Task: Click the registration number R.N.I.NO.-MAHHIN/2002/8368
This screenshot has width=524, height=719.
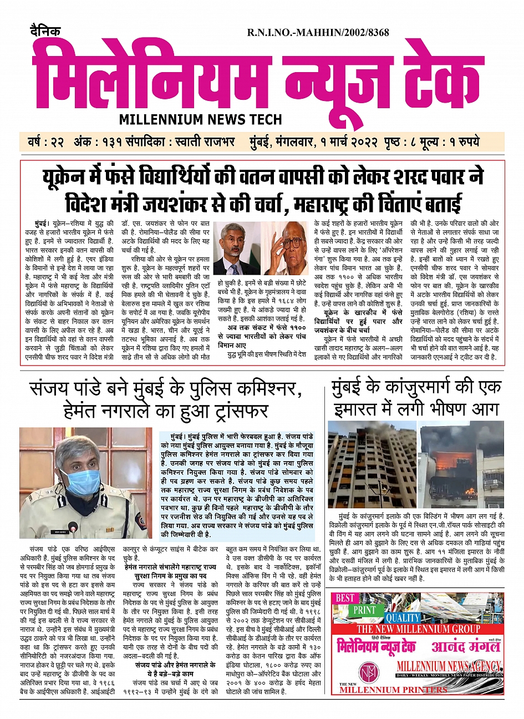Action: (x=318, y=33)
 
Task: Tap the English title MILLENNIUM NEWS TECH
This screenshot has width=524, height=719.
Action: (x=200, y=119)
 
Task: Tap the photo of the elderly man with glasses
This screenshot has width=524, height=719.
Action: (x=287, y=249)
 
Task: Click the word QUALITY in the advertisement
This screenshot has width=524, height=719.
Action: (x=403, y=618)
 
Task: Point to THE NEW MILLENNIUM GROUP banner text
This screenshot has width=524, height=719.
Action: (x=418, y=629)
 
